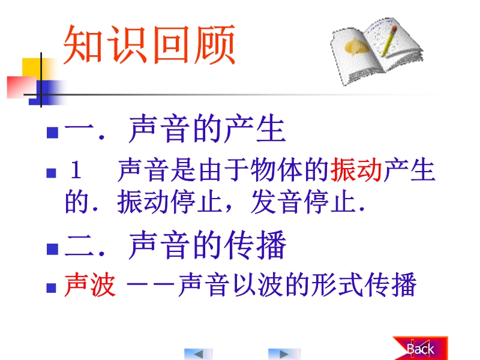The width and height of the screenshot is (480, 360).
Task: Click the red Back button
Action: click(x=421, y=349)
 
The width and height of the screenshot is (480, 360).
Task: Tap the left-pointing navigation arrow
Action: click(x=198, y=354)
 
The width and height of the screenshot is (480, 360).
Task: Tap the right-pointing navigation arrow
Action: click(x=284, y=354)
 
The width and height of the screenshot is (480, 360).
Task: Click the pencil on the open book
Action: click(x=388, y=41)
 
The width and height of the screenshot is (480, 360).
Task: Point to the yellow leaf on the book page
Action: click(x=356, y=47)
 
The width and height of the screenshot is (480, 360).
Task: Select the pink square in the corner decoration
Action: click(x=22, y=87)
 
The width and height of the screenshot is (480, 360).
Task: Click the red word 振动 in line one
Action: click(x=356, y=170)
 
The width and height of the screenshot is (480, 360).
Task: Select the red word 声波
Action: click(x=90, y=284)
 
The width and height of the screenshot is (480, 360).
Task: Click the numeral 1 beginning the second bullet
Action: click(x=76, y=170)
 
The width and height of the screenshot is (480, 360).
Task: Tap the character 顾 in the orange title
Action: click(x=215, y=44)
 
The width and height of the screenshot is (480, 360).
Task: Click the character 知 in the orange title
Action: click(x=83, y=44)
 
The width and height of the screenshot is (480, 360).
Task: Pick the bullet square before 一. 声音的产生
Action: click(x=52, y=133)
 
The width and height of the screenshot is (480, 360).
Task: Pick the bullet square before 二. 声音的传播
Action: click(x=52, y=249)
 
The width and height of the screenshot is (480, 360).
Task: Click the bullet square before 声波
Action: click(x=51, y=288)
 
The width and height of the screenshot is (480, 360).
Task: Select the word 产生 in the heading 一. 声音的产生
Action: click(x=254, y=128)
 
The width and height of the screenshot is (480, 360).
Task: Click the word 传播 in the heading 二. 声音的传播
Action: click(x=254, y=245)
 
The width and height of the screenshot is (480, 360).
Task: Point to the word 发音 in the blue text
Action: click(x=275, y=201)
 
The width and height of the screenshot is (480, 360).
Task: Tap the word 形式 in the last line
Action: click(x=337, y=284)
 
